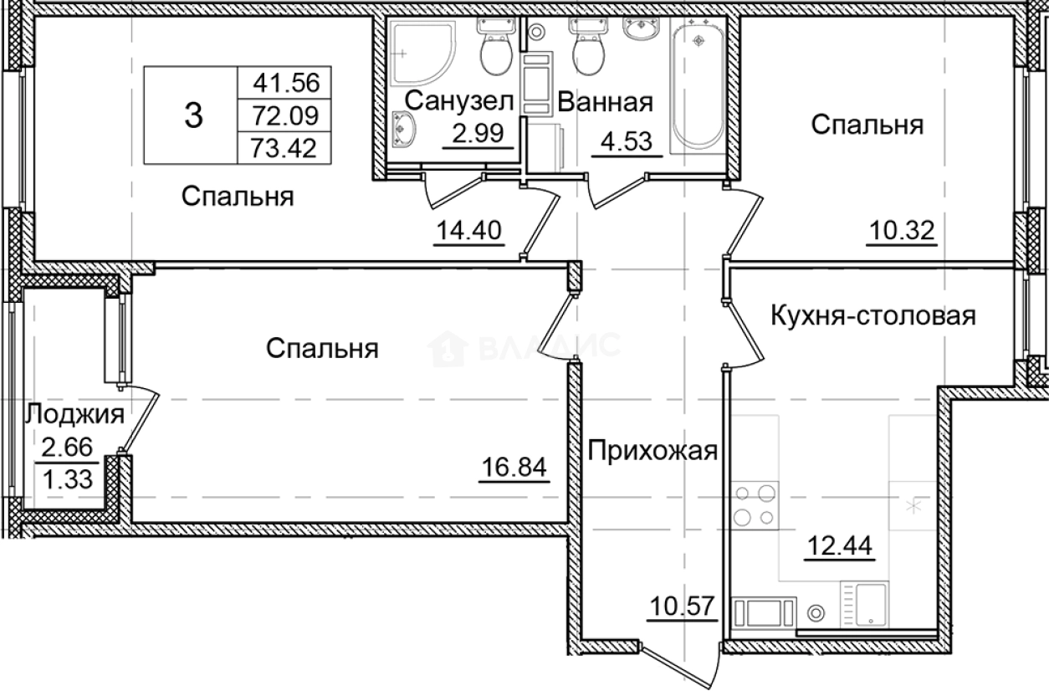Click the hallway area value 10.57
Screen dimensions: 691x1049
(x=683, y=604)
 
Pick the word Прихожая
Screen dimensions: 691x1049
(x=652, y=451)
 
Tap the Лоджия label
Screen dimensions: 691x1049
(x=74, y=413)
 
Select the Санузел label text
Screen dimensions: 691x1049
(x=456, y=102)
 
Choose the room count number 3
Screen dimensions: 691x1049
(x=192, y=115)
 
